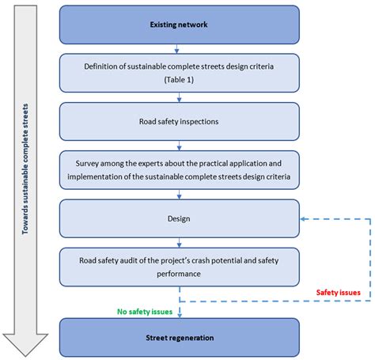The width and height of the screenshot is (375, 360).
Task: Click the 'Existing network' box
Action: tap(179, 25)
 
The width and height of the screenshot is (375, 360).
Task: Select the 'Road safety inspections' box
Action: tap(179, 123)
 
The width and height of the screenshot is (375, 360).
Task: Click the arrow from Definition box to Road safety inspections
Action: tap(179, 98)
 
